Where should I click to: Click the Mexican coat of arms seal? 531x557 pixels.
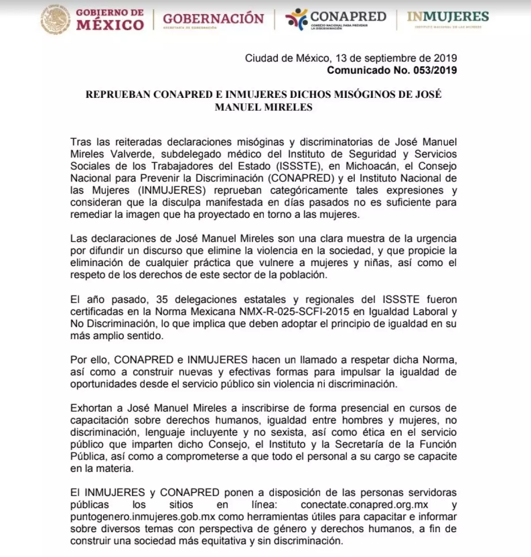[56, 20]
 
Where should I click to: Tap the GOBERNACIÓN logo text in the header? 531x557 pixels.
[213, 19]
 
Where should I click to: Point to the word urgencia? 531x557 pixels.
[435, 238]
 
